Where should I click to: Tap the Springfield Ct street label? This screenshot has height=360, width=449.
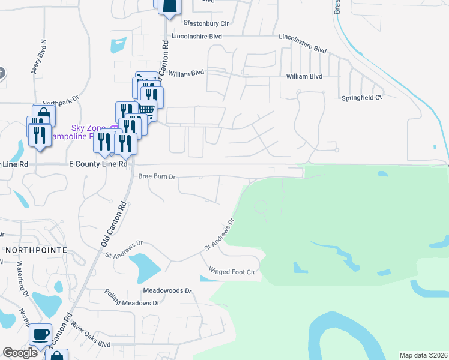click(x=361, y=97)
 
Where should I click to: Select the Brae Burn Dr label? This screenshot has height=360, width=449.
click(x=157, y=177)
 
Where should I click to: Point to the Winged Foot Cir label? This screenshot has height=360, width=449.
click(x=232, y=272)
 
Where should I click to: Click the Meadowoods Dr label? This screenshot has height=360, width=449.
click(x=167, y=290)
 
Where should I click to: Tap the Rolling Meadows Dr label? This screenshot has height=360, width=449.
click(x=132, y=298)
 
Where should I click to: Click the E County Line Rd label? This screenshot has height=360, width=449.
click(x=99, y=164)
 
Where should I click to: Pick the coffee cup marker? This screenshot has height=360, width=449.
click(x=40, y=334)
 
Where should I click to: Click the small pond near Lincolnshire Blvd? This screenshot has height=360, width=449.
click(x=118, y=45)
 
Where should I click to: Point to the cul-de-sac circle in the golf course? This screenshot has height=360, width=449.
click(x=261, y=207)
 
